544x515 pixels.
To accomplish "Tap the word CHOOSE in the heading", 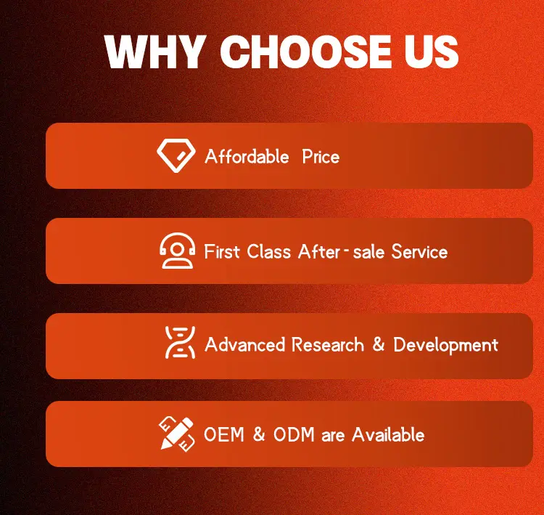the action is click(305, 52).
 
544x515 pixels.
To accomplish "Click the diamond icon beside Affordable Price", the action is click(176, 155).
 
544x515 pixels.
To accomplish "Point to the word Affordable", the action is click(247, 156).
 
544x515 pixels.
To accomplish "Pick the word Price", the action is click(321, 156).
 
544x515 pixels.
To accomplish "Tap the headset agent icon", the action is click(177, 251).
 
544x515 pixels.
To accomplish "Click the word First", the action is click(222, 251).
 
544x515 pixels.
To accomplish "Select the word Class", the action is click(268, 251).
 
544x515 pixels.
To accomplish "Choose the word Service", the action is click(419, 251).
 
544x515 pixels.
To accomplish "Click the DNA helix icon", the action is click(180, 343).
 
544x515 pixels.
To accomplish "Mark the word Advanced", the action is click(245, 345).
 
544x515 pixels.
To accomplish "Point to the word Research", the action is click(328, 345).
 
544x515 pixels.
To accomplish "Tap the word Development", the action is click(446, 345).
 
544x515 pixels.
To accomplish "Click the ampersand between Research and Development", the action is click(379, 344).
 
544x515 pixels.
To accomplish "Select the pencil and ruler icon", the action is click(176, 434).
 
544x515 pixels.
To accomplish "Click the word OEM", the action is click(224, 434).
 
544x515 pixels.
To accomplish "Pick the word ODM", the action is click(294, 434).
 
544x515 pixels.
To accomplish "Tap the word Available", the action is click(388, 434).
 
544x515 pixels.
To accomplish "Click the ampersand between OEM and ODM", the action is click(259, 434).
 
